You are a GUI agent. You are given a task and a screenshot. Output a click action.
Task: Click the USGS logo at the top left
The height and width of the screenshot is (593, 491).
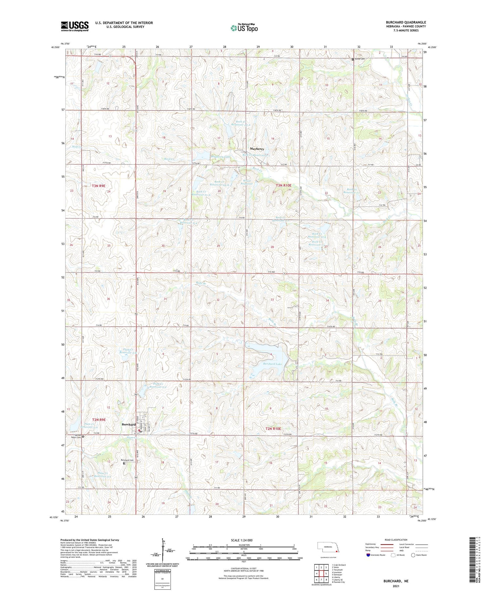(75, 26)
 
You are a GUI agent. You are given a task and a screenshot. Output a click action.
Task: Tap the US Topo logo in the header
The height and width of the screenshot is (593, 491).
(244, 28)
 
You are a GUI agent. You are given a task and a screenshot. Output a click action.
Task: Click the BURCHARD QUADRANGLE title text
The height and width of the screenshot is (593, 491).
(406, 22)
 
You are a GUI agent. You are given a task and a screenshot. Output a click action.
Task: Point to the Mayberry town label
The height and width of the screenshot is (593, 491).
(257, 149)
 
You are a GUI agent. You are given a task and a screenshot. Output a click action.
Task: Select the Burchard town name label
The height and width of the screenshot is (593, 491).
(129, 425)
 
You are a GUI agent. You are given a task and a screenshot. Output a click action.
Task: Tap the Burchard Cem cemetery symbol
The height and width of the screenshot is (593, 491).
(124, 463)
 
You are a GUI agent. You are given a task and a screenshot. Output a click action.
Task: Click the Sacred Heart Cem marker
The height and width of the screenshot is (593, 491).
(83, 436)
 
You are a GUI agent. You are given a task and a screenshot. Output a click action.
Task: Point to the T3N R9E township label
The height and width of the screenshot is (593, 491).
(99, 186)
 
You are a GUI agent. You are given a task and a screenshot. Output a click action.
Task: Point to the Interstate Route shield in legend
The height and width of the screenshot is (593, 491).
(368, 555)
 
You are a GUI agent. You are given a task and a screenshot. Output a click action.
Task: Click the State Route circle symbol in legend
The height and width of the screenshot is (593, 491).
(413, 555)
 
